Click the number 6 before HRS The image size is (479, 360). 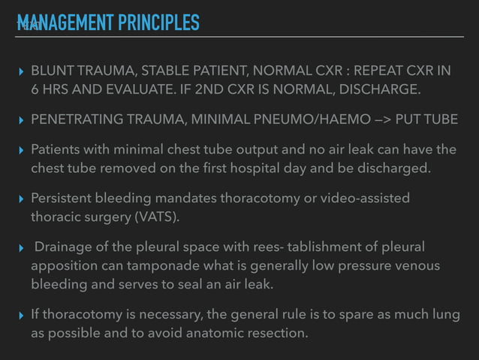point(35,90)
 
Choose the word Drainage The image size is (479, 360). point(65,247)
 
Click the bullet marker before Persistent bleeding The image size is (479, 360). point(21,198)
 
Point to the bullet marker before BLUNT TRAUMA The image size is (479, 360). point(21,71)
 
